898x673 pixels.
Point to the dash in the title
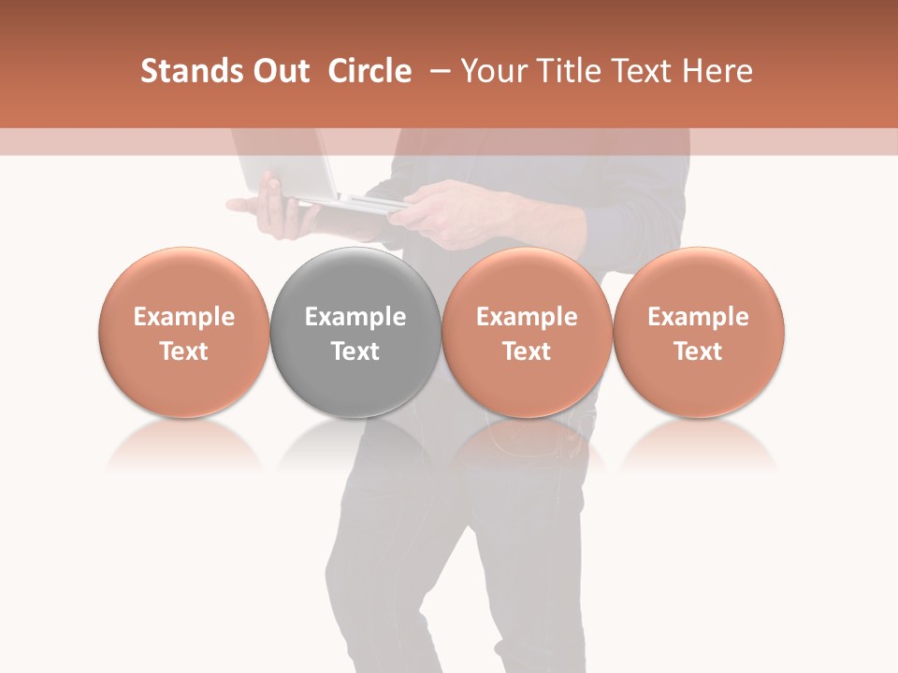click(x=436, y=71)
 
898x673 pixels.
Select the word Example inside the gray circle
click(x=355, y=317)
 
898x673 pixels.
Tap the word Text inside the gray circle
click(x=355, y=351)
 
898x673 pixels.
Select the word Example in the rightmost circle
click(x=699, y=317)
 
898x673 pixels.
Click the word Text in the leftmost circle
click(x=184, y=351)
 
